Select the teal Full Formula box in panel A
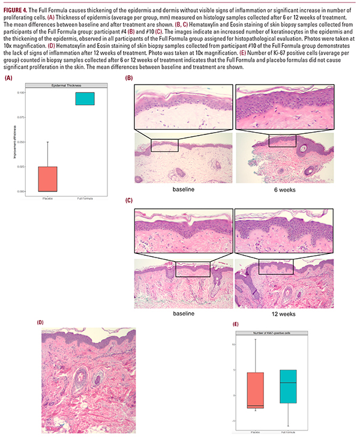pos(85,98)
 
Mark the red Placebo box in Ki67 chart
pos(255,390)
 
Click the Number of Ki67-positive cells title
pos(271,332)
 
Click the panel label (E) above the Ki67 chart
pos(236,324)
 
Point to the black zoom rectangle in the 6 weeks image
pos(282,140)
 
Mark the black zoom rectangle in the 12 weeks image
pos(275,266)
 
